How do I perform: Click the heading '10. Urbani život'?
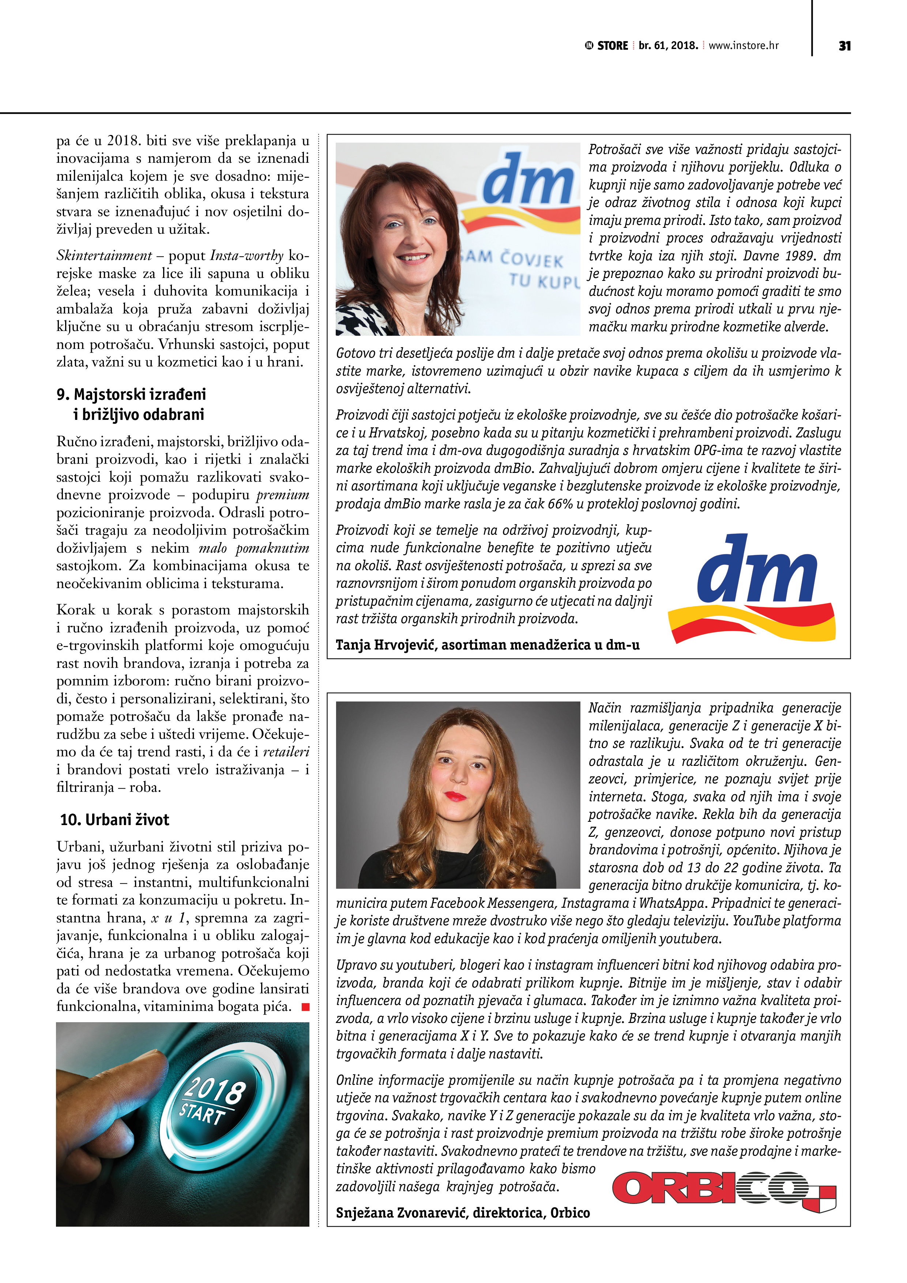pos(114,820)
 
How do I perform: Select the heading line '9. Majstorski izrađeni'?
pos(131,395)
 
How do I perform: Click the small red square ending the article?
pos(305,1007)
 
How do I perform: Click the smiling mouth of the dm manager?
pos(414,257)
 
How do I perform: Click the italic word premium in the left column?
pos(283,495)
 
